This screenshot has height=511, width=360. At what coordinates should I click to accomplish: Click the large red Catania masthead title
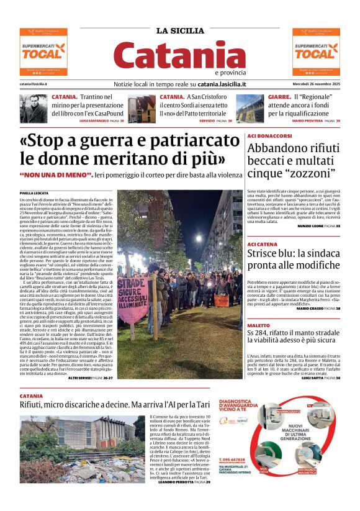click(179, 56)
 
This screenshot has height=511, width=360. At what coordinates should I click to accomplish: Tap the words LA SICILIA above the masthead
click(179, 31)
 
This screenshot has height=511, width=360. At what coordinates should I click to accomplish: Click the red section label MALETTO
click(258, 325)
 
